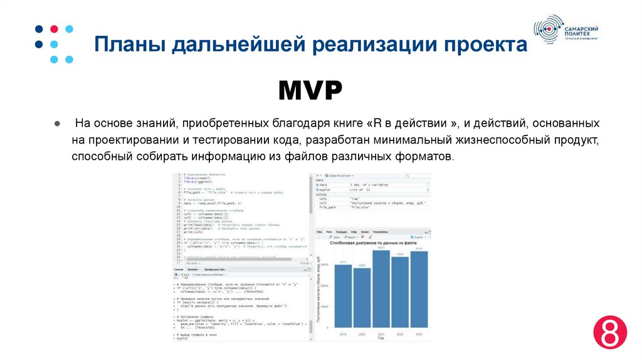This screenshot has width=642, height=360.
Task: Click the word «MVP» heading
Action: (310, 91)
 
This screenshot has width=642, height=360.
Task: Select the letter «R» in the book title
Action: (378, 123)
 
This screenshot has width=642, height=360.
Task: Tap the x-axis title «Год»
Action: (380, 339)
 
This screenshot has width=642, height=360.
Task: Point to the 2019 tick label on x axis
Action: (343, 334)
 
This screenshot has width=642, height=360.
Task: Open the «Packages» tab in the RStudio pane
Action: (342, 231)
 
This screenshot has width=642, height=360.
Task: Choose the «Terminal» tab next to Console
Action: (192, 269)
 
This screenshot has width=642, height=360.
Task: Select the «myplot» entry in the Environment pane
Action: (324, 189)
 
